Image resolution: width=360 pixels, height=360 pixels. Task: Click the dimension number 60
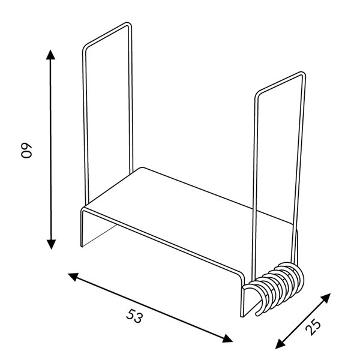(27, 151)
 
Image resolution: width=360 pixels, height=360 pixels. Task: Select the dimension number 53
(135, 316)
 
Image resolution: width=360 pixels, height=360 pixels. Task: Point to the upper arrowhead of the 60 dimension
(51, 55)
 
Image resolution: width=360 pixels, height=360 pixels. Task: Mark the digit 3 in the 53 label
(140, 318)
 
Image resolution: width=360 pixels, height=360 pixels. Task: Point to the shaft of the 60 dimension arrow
(51, 150)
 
